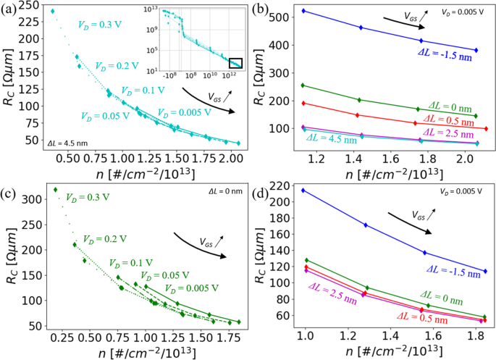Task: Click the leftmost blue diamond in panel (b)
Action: (303, 11)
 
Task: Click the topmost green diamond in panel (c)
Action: (55, 190)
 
